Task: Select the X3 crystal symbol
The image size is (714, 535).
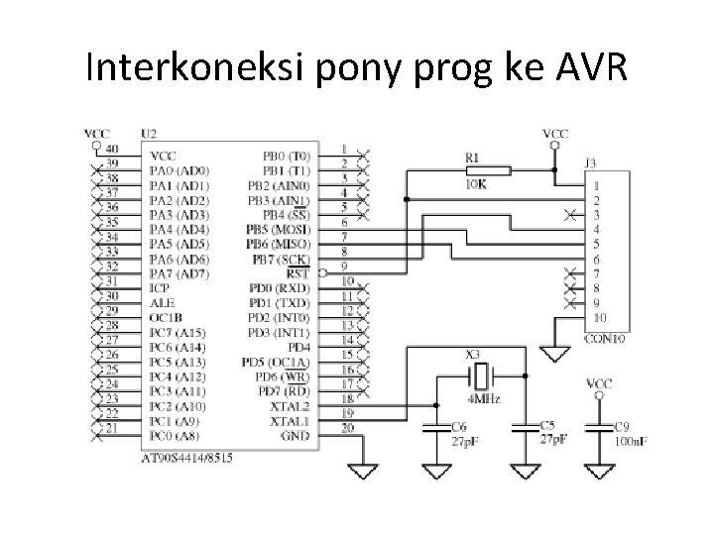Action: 480,375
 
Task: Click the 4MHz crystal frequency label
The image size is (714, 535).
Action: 483,398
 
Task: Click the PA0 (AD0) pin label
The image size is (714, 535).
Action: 179,170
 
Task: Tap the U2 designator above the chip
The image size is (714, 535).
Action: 149,133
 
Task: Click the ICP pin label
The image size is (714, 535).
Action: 160,287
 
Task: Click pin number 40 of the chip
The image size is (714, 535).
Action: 111,149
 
